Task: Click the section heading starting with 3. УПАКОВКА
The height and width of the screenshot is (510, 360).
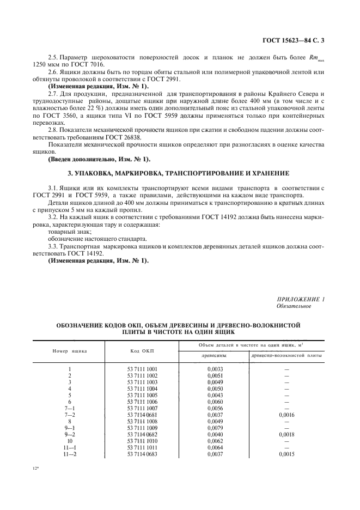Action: click(178, 173)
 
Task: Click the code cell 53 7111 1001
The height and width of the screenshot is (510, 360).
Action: click(142, 369)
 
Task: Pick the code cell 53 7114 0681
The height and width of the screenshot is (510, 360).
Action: click(142, 415)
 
